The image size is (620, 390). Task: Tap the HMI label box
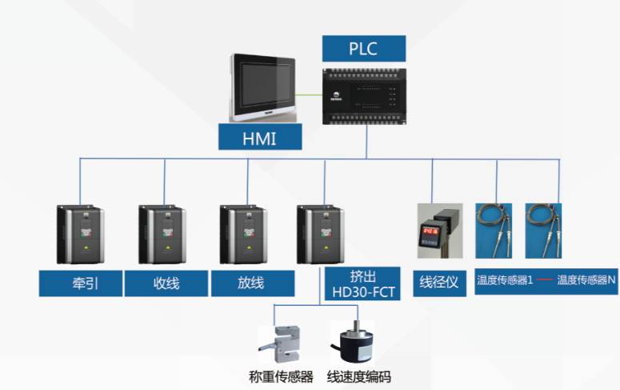(x=260, y=138)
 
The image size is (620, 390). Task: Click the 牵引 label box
(x=80, y=283)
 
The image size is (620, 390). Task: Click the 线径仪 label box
(x=440, y=282)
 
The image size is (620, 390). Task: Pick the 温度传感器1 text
(x=505, y=280)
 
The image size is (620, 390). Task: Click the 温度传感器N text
(x=587, y=280)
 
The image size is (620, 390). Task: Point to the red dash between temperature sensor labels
(x=545, y=280)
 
